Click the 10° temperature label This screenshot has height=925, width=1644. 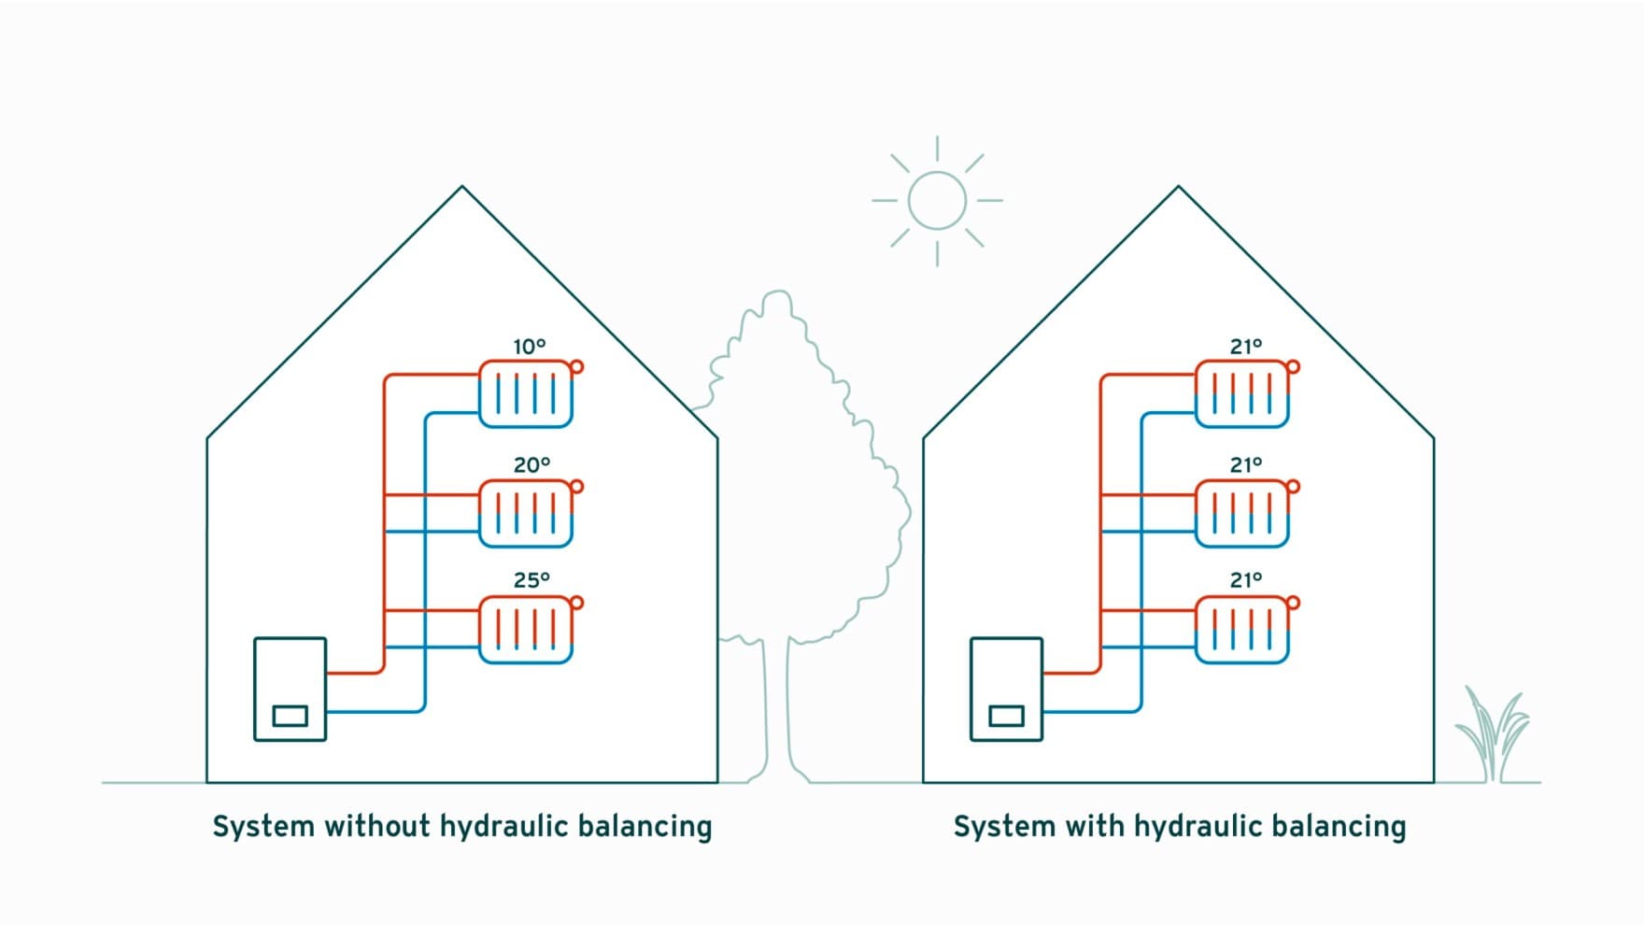tap(529, 347)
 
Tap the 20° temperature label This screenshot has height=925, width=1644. tap(531, 464)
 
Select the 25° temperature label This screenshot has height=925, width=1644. tap(531, 580)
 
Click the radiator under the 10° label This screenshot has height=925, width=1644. tap(525, 394)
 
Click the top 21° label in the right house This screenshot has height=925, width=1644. tap(1245, 347)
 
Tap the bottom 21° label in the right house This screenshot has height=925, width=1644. tap(1245, 580)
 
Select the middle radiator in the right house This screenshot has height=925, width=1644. tap(1241, 513)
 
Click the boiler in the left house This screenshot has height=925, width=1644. tap(290, 689)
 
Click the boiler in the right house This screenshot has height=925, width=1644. tap(1006, 689)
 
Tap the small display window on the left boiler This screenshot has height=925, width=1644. tap(290, 716)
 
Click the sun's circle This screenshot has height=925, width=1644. tap(937, 200)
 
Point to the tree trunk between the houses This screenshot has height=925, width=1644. tap(776, 710)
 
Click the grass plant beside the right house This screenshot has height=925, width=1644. tap(1492, 738)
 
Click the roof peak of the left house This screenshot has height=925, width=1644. tap(462, 189)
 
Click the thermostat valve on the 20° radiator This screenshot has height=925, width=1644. tap(576, 486)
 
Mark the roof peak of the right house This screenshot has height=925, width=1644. tap(1179, 189)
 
